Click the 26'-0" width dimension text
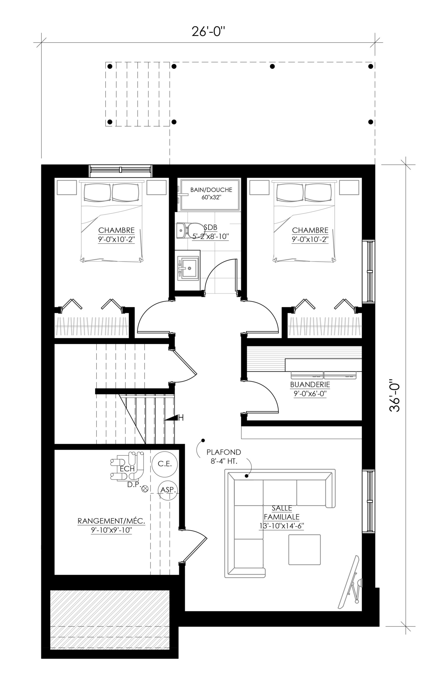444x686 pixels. [x=208, y=31]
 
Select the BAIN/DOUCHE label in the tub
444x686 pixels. [x=211, y=190]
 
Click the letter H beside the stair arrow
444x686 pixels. [x=181, y=418]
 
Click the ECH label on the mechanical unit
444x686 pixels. [x=127, y=469]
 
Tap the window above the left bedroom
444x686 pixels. [x=120, y=171]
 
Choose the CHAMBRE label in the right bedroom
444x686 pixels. [x=310, y=230]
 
